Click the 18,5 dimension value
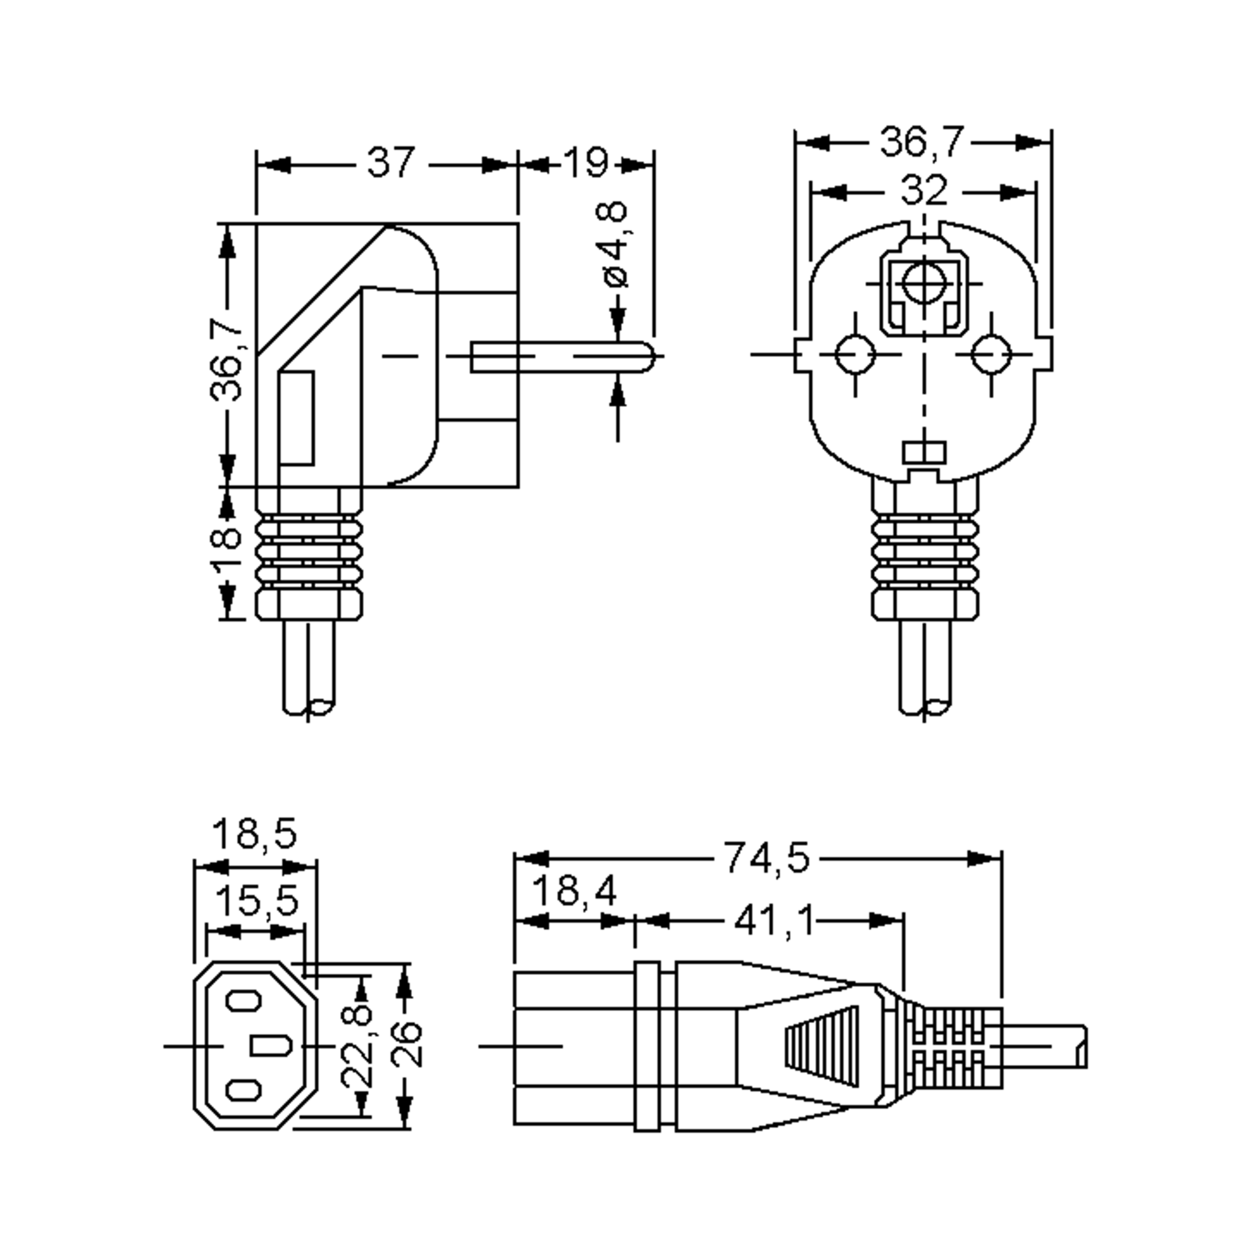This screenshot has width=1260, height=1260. point(254,834)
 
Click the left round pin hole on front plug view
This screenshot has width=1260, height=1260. point(855,355)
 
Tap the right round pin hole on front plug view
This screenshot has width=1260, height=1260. point(991,355)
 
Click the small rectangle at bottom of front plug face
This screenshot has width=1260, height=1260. point(923,452)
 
